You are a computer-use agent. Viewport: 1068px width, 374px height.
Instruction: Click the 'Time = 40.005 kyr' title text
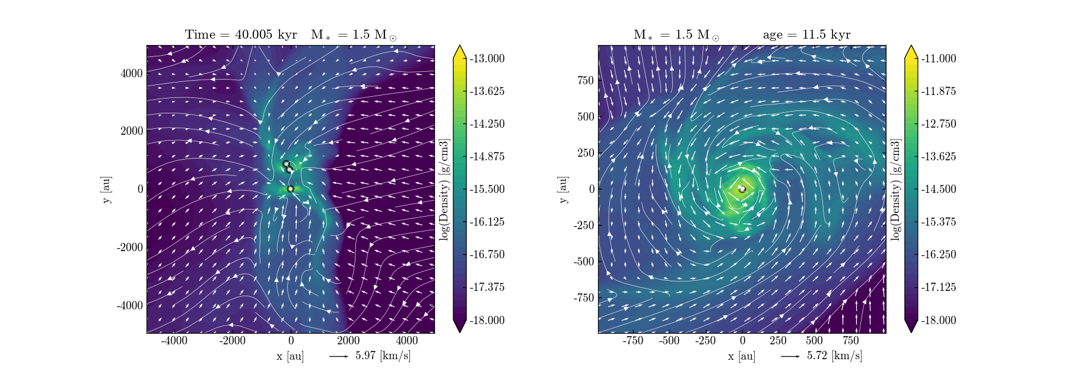point(241,34)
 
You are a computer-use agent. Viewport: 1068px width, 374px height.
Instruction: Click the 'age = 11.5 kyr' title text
point(806,34)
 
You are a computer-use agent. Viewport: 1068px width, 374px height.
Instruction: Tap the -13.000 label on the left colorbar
point(487,58)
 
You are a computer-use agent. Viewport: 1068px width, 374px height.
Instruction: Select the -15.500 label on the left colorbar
point(487,189)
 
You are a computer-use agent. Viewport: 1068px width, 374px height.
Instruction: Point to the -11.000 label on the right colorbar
point(938,58)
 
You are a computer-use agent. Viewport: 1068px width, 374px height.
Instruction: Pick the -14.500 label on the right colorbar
point(938,189)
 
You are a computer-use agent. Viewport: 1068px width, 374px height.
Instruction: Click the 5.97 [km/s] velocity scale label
point(383,356)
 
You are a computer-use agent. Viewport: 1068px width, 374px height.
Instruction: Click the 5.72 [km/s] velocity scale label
point(834,356)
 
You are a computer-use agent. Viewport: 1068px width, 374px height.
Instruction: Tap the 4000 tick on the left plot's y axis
point(132,73)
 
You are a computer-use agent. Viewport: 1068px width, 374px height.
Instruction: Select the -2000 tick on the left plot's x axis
point(232,341)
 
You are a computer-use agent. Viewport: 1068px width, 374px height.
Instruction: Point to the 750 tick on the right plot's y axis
point(585,80)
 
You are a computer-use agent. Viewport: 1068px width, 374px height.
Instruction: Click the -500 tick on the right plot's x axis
point(669,341)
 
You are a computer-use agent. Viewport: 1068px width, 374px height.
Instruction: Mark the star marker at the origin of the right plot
point(742,189)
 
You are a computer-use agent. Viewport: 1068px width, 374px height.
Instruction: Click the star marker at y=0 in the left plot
point(290,189)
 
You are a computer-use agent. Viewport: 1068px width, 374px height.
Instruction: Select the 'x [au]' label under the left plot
point(290,356)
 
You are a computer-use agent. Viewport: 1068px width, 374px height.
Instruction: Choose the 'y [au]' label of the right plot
point(563,189)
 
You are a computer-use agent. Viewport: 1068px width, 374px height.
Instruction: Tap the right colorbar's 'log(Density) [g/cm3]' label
point(895,189)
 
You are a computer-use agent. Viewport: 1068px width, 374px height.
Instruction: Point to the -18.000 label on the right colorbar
point(938,320)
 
